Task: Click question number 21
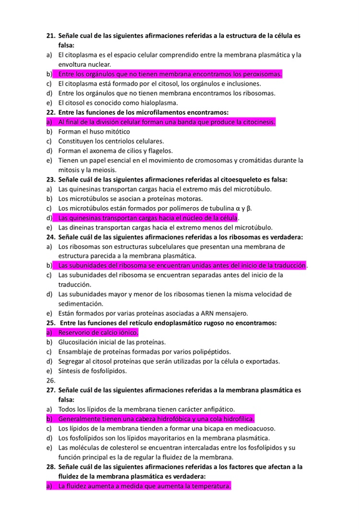[x=51, y=36]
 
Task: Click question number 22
[x=51, y=112]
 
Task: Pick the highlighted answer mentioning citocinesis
[x=166, y=122]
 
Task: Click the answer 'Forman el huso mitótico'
[x=94, y=132]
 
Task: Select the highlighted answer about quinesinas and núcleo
[x=148, y=218]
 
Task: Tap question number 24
[x=51, y=237]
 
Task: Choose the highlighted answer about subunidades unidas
[x=182, y=265]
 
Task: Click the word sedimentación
[x=85, y=303]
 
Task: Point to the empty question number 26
[x=51, y=380]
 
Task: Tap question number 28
[x=51, y=467]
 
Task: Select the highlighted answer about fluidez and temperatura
[x=144, y=486]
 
